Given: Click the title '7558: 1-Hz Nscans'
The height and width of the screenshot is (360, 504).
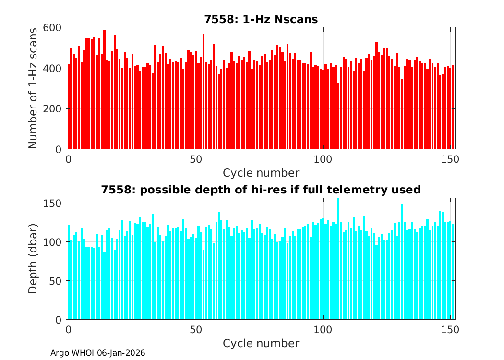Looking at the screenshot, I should [x=261, y=19].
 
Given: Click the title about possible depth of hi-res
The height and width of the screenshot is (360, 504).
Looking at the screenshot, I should [x=261, y=190].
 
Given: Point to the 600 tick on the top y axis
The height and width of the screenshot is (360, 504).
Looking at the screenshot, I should [x=54, y=27].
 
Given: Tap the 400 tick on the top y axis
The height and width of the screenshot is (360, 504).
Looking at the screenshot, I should [x=54, y=68].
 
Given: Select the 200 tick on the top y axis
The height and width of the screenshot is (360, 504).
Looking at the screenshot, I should [x=54, y=109].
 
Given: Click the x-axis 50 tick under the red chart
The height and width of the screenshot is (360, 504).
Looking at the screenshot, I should [x=195, y=158].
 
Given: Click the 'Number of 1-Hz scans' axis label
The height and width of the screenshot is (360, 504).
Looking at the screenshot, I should [x=33, y=88].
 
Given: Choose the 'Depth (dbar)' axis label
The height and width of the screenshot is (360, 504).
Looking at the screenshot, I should [x=33, y=258].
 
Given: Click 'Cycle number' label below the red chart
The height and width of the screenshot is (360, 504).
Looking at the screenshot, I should [x=261, y=173].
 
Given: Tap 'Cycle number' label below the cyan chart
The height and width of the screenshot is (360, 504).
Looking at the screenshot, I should [x=261, y=343].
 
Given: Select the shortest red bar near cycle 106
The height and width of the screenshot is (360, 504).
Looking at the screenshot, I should [x=338, y=116].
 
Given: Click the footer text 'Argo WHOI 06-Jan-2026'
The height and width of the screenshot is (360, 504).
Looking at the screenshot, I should [x=98, y=353].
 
